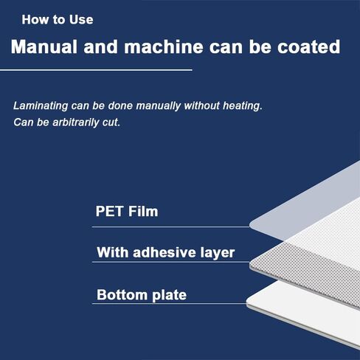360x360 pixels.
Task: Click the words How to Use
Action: [58, 20]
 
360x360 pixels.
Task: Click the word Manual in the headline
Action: [44, 46]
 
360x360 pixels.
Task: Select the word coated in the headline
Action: [309, 46]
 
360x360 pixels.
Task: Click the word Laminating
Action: [41, 106]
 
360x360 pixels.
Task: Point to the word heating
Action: [243, 106]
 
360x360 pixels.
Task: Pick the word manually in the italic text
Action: [159, 106]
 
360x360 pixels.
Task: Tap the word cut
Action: [111, 122]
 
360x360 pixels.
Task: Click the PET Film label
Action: [127, 211]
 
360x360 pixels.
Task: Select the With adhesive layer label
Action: [166, 252]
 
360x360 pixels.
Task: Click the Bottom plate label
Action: [142, 295]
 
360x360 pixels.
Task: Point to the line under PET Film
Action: [171, 226]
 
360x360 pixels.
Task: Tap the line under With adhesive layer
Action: [171, 262]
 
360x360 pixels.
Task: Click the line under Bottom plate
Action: [169, 303]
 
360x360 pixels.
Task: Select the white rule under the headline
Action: [96, 70]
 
